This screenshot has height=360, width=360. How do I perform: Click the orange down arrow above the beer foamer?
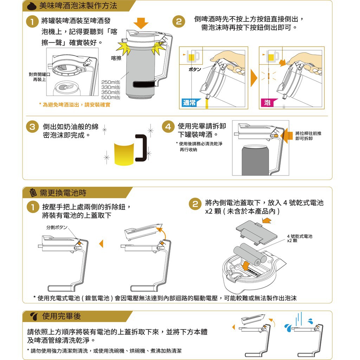(141, 23)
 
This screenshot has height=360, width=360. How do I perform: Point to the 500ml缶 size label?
(111, 97)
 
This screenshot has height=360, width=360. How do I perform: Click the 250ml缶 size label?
(111, 82)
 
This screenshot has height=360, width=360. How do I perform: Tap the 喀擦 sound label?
(116, 58)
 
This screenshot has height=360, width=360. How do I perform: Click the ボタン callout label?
(195, 69)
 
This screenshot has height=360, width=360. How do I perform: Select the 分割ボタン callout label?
(57, 227)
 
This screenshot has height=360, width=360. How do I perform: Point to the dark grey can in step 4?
(255, 160)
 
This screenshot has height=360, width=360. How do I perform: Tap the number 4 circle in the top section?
(168, 127)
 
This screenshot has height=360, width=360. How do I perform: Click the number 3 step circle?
(32, 127)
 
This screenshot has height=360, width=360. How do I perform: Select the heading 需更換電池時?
(63, 193)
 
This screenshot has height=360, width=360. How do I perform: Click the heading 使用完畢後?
(61, 316)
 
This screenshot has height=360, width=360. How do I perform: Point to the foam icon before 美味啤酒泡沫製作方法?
(32, 6)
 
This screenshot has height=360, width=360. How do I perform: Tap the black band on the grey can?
(144, 84)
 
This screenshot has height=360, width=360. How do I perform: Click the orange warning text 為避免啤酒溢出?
(75, 105)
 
